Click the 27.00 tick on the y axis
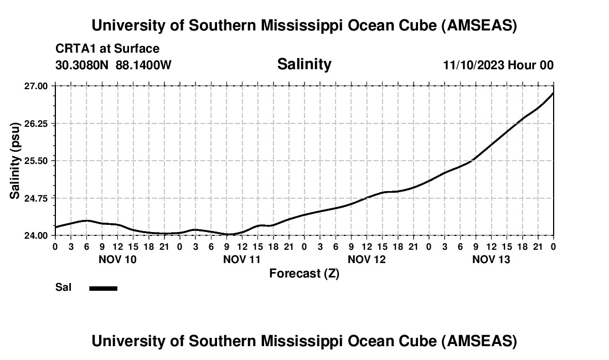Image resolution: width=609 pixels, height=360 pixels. click(36, 86)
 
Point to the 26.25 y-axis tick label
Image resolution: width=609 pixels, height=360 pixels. click(36, 123)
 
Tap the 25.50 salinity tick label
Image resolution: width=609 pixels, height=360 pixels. click(36, 161)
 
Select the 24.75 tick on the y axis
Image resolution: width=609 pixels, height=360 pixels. click(36, 198)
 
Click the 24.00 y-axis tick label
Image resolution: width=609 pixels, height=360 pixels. click(36, 235)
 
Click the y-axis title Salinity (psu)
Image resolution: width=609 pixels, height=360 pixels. click(15, 161)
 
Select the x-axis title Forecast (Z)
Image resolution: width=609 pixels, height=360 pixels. click(304, 273)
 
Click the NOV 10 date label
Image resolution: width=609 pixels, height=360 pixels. click(117, 259)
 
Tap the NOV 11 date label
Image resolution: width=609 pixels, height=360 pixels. click(242, 259)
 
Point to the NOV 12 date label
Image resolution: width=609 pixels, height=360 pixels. click(367, 259)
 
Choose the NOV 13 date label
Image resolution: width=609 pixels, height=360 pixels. click(491, 259)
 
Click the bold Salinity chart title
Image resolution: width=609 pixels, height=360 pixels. click(304, 64)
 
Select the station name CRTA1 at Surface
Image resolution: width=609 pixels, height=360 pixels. click(107, 49)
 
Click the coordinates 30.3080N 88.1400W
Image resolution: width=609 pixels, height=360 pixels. click(113, 65)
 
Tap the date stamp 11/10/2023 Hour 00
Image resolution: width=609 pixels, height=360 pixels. click(498, 65)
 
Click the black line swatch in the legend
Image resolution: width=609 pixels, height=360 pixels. click(104, 288)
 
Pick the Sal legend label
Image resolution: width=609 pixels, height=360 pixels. click(63, 288)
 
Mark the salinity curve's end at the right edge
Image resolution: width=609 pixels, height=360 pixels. click(553, 92)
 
